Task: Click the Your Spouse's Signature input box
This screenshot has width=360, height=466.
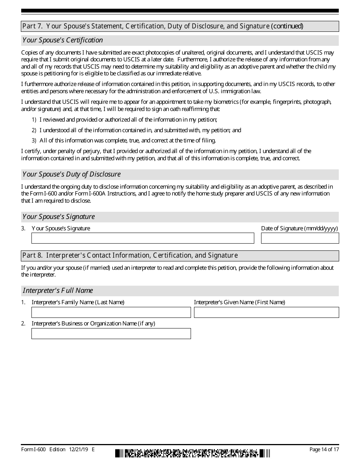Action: click(x=142, y=238)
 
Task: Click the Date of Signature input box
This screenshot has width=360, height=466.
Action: click(x=300, y=238)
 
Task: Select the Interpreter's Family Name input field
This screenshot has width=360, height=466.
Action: click(x=111, y=312)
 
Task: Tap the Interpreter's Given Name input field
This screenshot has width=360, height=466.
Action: click(x=266, y=312)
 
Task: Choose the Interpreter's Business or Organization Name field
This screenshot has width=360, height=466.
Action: click(x=111, y=333)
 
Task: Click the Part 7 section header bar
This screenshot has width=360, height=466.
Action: click(x=180, y=26)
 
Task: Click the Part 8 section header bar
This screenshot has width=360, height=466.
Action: click(x=180, y=256)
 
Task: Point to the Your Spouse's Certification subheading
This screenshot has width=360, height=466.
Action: click(x=63, y=40)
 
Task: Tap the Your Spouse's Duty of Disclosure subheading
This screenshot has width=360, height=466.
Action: click(x=72, y=174)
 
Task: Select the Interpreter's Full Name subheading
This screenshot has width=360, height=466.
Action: click(x=58, y=291)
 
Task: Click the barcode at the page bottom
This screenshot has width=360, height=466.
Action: click(x=193, y=453)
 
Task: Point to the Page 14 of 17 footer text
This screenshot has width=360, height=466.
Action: click(x=324, y=450)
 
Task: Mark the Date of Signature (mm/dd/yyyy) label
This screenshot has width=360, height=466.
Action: click(x=299, y=228)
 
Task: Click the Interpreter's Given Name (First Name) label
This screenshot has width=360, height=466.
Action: click(x=239, y=302)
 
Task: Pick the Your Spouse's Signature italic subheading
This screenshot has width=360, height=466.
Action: click(x=59, y=217)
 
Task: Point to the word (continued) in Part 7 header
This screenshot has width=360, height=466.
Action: click(x=287, y=26)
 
